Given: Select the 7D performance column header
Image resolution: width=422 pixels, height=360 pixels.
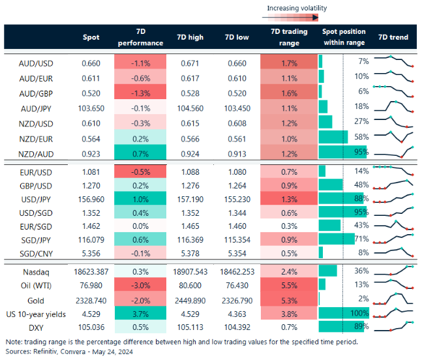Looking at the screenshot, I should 140,37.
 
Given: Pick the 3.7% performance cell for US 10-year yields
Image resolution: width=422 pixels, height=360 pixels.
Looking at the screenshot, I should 140,313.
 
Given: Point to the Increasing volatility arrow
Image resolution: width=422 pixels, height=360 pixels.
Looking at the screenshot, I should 297,18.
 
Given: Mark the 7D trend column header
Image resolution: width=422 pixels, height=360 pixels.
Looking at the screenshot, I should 393,37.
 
